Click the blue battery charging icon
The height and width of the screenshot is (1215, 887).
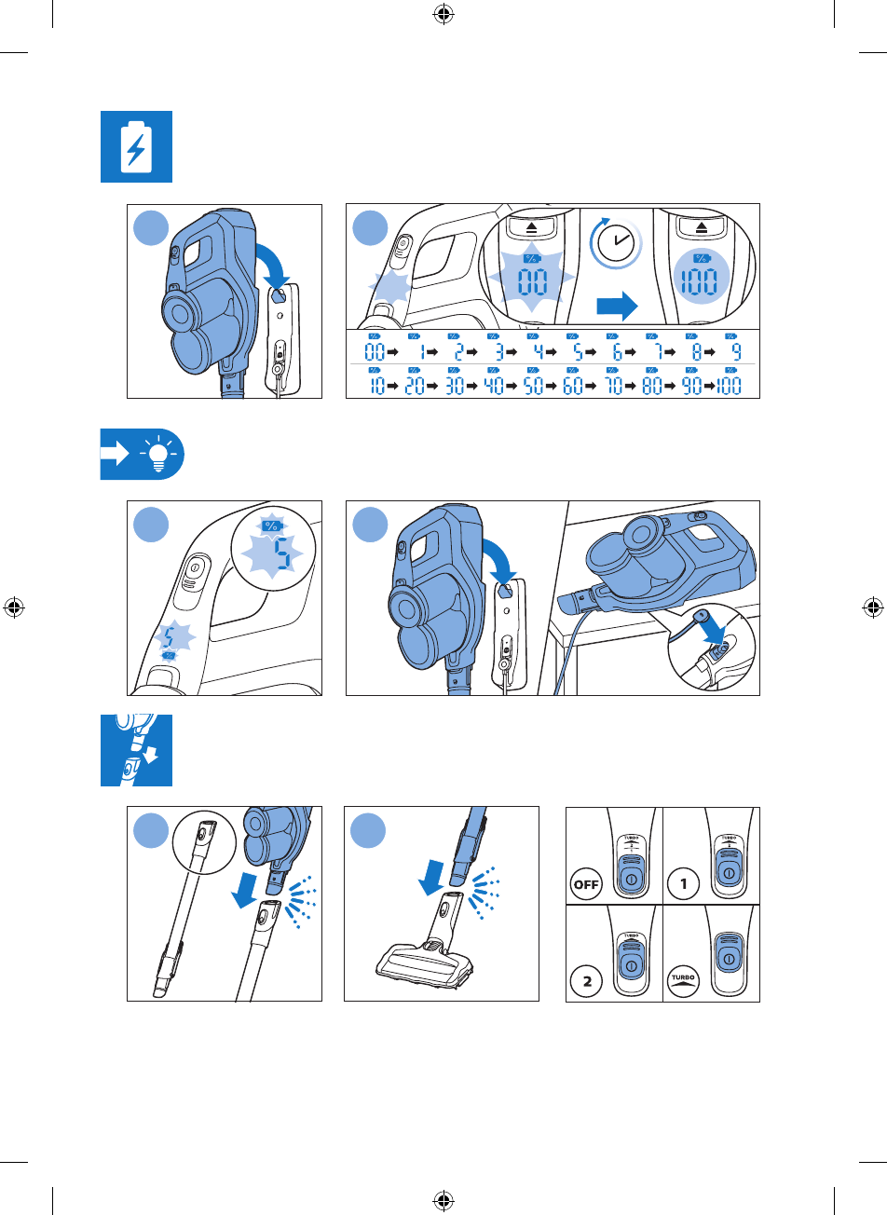[136, 146]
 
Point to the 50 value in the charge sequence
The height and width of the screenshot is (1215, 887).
[533, 386]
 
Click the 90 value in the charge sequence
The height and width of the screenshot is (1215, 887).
[691, 386]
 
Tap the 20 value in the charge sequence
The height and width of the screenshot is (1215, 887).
[416, 386]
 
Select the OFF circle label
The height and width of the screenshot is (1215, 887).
[588, 884]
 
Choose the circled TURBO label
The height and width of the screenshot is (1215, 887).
[685, 980]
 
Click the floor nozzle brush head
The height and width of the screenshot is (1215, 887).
[422, 964]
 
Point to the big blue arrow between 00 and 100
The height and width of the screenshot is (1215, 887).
[617, 304]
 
